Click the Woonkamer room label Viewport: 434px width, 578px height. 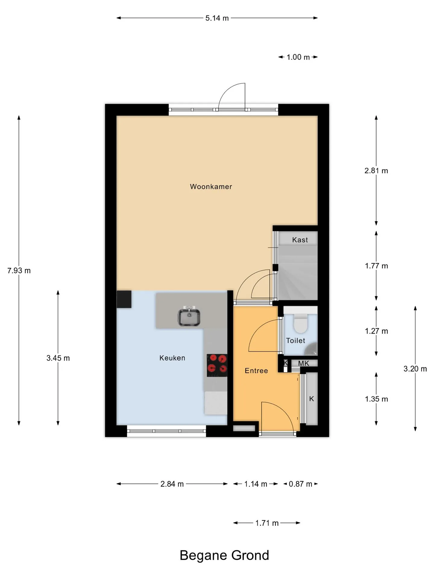click(x=211, y=187)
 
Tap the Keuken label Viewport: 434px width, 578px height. click(x=172, y=358)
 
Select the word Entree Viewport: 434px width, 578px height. click(x=256, y=371)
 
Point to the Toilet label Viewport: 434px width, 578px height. click(x=296, y=340)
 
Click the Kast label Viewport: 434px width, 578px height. click(x=300, y=240)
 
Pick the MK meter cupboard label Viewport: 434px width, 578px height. click(x=303, y=363)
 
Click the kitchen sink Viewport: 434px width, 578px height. click(x=189, y=317)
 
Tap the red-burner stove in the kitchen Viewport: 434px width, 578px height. click(x=217, y=365)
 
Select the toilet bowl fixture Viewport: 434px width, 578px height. click(x=300, y=324)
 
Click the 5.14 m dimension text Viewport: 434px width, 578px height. click(x=217, y=18)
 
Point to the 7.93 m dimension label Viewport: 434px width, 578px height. click(x=19, y=270)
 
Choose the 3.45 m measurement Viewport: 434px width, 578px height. click(x=58, y=358)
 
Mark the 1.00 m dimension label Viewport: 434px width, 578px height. click(x=298, y=57)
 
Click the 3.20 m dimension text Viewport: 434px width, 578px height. click(x=415, y=369)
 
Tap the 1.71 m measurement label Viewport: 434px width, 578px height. click(x=267, y=523)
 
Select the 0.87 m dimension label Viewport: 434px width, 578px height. click(x=300, y=484)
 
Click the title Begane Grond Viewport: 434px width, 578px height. click(x=224, y=555)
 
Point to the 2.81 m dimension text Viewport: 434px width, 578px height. click(x=376, y=171)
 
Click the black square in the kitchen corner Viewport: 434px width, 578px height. click(x=124, y=299)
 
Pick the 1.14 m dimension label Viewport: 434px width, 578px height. click(x=256, y=484)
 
